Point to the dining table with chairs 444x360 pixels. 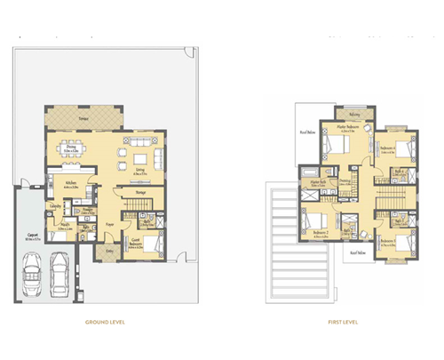pos(75,147)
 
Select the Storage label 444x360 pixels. pos(140,192)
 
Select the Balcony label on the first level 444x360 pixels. pos(353,115)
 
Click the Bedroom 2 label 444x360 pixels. pos(321,232)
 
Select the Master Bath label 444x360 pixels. pos(316,183)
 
